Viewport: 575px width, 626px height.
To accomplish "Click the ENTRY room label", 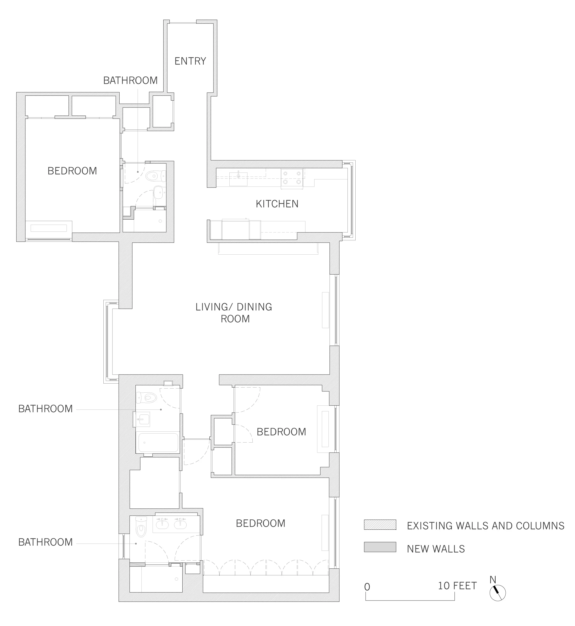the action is pyautogui.click(x=190, y=61).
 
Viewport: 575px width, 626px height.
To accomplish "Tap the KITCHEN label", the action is pyautogui.click(x=277, y=204).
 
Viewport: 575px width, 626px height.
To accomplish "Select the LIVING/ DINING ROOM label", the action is pyautogui.click(x=234, y=313).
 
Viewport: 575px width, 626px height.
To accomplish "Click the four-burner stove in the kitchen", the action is pyautogui.click(x=292, y=178).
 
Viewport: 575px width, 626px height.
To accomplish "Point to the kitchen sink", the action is pyautogui.click(x=238, y=179).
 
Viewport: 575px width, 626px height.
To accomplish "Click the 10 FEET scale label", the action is pyautogui.click(x=457, y=586).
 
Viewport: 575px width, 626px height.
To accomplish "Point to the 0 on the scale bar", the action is pyautogui.click(x=367, y=587).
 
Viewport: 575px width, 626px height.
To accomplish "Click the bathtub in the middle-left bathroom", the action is pyautogui.click(x=158, y=443).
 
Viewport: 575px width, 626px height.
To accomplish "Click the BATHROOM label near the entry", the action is pyautogui.click(x=130, y=80).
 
